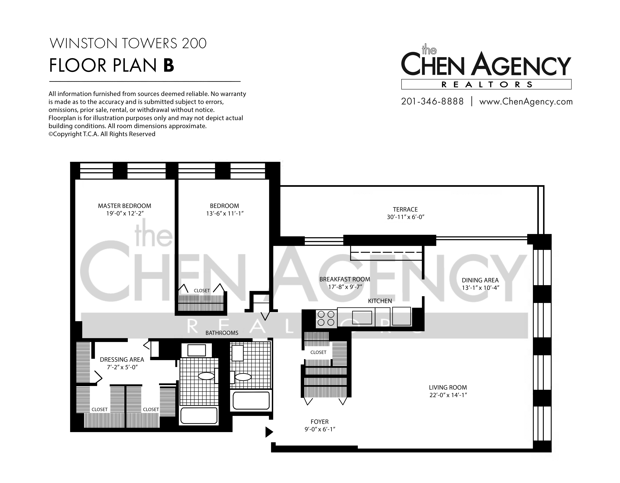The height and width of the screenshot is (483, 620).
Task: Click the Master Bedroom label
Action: [x=125, y=206]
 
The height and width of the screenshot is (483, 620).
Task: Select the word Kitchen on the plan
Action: [x=380, y=301]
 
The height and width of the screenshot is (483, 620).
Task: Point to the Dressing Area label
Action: [x=122, y=360]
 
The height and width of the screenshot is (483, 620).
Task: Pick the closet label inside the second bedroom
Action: [x=202, y=291]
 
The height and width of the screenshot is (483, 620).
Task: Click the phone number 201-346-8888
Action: [x=432, y=101]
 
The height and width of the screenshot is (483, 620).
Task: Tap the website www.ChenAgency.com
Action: [x=526, y=102]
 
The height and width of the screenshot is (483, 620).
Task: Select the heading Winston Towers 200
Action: [x=128, y=43]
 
